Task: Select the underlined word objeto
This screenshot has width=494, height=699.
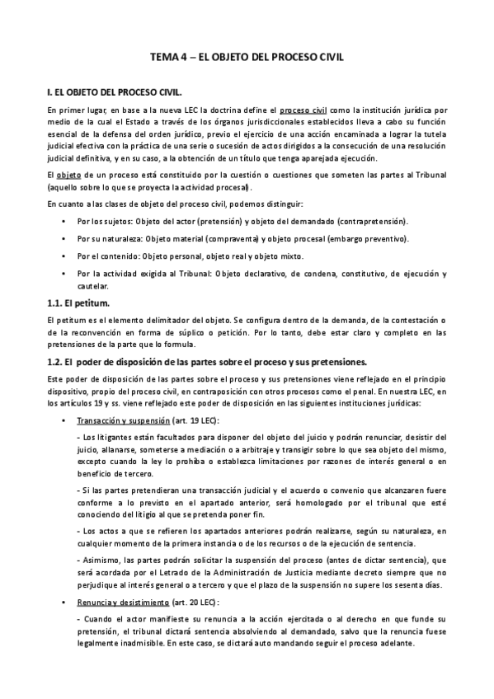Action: [67, 174]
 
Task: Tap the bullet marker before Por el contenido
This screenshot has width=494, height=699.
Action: [65, 256]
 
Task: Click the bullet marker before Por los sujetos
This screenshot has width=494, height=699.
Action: [65, 223]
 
